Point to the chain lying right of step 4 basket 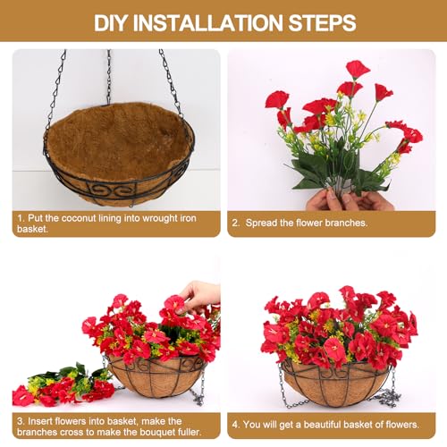[386, 393]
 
